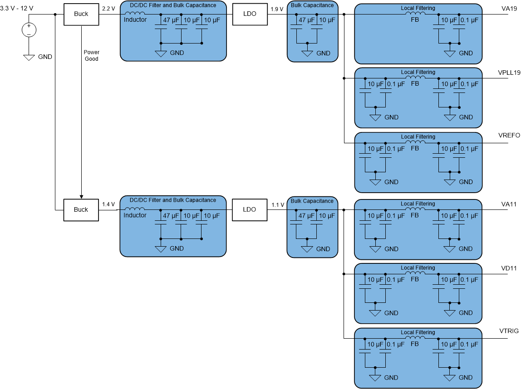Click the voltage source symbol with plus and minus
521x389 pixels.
coord(29,30)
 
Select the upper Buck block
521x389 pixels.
coord(81,14)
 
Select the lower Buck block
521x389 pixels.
coord(81,210)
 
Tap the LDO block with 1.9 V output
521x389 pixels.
coord(250,14)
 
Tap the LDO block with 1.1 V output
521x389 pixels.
coord(250,210)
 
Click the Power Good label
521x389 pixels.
coord(91,56)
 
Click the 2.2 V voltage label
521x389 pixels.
coord(109,9)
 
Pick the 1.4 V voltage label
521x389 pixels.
coord(109,204)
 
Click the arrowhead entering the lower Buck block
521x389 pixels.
coord(81,196)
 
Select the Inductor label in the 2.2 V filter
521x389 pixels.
coord(135,20)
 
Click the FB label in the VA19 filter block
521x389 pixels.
coord(414,20)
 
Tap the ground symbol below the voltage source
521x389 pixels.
coord(29,58)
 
